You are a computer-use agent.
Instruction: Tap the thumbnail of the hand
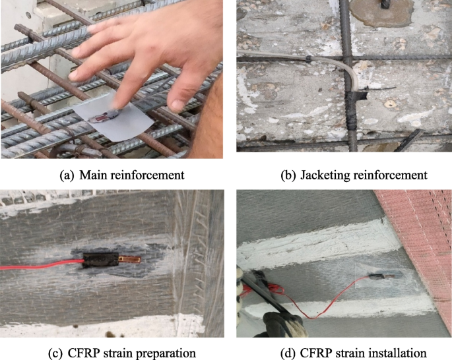pyautogui.click(x=176, y=104)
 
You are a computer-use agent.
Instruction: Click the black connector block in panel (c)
pyautogui.click(x=101, y=260)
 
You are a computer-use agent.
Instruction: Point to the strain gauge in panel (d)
pyautogui.click(x=382, y=278)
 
